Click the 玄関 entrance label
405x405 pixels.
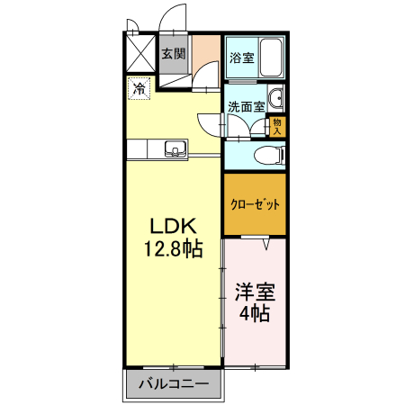tap(173, 53)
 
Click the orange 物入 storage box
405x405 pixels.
tap(277, 125)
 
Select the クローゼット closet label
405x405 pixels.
tap(255, 204)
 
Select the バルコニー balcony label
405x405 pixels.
tap(175, 385)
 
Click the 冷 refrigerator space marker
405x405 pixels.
tap(139, 88)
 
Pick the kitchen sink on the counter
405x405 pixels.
tap(174, 148)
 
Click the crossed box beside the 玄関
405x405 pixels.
tap(141, 53)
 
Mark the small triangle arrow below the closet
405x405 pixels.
tap(267, 243)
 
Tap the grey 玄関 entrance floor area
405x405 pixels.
tap(173, 72)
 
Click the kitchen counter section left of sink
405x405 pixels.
tap(144, 148)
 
